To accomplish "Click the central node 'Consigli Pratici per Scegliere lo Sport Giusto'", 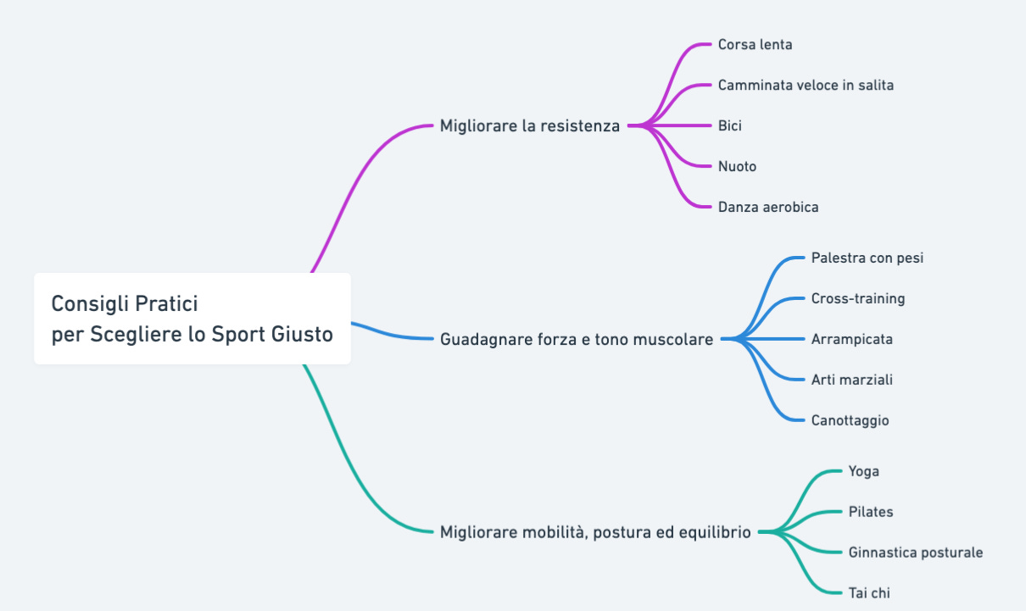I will (x=192, y=319).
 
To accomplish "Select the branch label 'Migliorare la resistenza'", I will (x=529, y=126).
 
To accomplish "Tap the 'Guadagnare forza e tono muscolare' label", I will (x=577, y=340).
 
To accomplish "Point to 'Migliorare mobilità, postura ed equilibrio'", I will (x=594, y=533).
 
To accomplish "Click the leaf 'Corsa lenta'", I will (x=755, y=45).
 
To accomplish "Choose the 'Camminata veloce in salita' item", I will (x=806, y=86).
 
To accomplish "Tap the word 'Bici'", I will (x=729, y=126).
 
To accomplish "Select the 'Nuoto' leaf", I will (x=737, y=167).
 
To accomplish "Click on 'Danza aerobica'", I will (x=768, y=208).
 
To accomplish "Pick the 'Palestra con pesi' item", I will (x=867, y=258).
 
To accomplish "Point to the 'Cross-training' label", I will (x=857, y=299).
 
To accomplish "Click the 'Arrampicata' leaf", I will (x=851, y=340).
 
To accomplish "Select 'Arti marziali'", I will (x=851, y=380).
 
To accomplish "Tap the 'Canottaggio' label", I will (x=850, y=421).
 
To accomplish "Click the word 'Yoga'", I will (x=863, y=472).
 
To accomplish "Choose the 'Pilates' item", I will (x=870, y=513).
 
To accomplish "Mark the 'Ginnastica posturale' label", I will (x=915, y=553).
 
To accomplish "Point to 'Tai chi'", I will (x=869, y=594).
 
